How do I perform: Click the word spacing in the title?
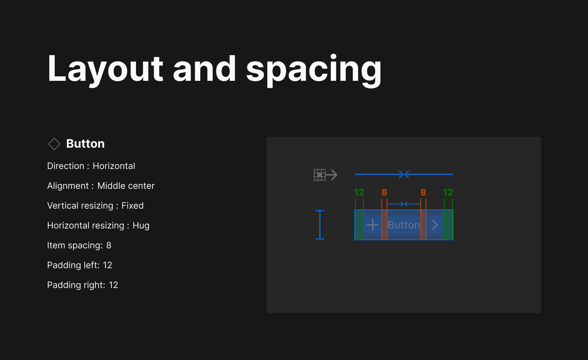[x=314, y=70]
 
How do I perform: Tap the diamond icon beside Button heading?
[x=54, y=144]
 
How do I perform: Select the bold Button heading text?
[x=85, y=144]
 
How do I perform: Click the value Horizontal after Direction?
[x=114, y=166]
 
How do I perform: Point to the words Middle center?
[x=126, y=186]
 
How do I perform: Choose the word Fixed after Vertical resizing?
[x=132, y=206]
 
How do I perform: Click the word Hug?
[x=141, y=226]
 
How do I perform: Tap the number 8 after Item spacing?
[x=109, y=245]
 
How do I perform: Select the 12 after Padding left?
[x=107, y=265]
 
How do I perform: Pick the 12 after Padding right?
[x=113, y=285]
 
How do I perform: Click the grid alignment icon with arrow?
[x=325, y=175]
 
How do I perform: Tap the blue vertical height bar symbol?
[x=320, y=225]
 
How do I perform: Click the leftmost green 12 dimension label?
[x=359, y=192]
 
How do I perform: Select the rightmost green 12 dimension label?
[x=448, y=192]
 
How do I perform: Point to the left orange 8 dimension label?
[x=384, y=192]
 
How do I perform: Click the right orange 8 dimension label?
[x=423, y=192]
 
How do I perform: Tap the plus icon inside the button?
[x=373, y=225]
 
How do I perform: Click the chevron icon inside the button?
[x=435, y=225]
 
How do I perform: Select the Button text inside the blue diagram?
[x=404, y=225]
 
